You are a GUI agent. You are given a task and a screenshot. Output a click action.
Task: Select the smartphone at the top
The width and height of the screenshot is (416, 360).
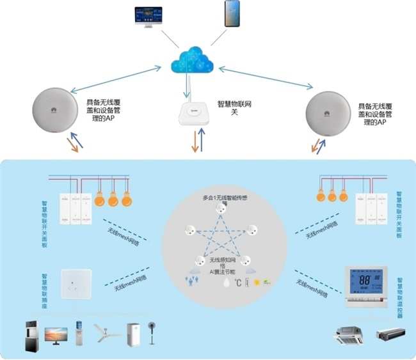(x=232, y=13)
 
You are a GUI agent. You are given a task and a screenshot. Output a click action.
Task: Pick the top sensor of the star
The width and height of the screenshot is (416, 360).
(x=221, y=208)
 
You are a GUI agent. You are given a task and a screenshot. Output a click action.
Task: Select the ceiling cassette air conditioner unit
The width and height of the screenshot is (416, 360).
(x=349, y=333)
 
